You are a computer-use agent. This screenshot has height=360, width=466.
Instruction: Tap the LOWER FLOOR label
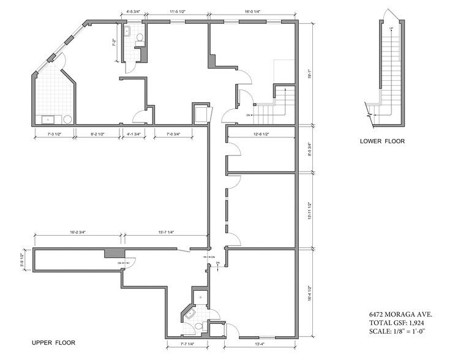pos(382,141)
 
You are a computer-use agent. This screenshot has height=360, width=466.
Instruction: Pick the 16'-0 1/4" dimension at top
pos(252,12)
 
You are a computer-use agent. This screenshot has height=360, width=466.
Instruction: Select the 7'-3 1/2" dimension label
pos(53,134)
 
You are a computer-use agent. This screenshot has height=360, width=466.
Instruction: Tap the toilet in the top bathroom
pos(140,38)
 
